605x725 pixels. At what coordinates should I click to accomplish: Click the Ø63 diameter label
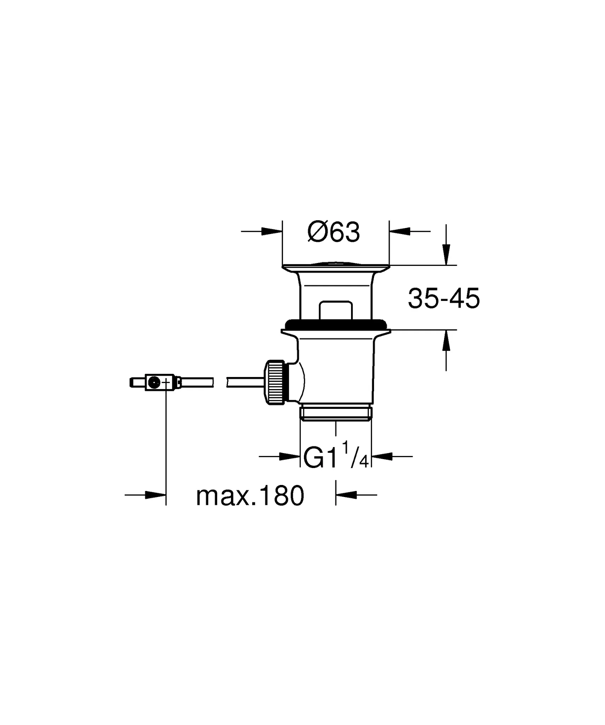334,233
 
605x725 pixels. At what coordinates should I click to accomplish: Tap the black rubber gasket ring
335,324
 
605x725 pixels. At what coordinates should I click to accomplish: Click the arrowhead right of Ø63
400,232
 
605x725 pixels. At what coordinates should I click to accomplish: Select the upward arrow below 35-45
446,340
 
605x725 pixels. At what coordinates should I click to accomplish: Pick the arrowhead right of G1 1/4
382,457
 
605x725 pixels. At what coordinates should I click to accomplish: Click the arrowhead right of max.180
346,495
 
